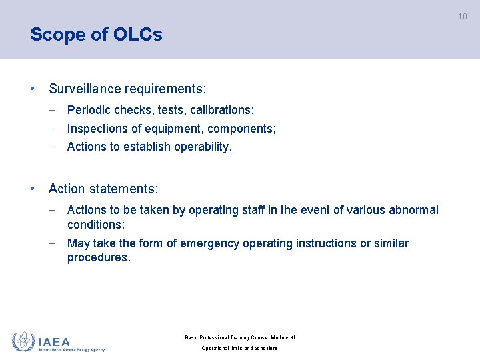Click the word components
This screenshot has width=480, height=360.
tap(244, 128)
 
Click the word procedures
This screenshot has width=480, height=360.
tap(99, 258)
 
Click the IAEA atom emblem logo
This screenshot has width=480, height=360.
tap(23, 341)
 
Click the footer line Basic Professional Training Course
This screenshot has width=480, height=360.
tap(240, 338)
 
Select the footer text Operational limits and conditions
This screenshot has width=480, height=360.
tap(240, 349)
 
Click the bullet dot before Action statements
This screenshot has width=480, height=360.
tap(33, 189)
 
